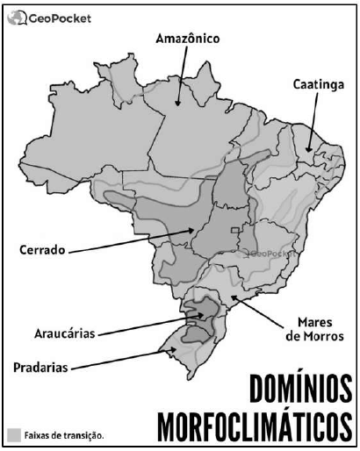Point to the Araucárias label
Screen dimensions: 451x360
point(59,333)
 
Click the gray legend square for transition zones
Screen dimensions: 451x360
point(13,434)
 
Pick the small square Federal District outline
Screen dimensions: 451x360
point(234,230)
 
